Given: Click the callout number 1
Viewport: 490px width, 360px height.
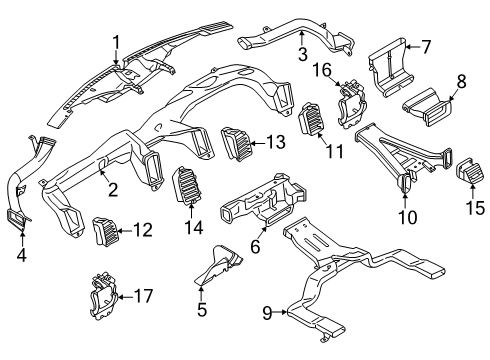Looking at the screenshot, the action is click(x=116, y=43).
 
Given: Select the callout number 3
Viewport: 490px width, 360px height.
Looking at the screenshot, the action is click(x=303, y=54).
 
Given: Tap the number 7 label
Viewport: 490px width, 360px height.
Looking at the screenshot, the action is click(x=426, y=47).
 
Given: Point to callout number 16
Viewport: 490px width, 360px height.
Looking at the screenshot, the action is click(x=322, y=70).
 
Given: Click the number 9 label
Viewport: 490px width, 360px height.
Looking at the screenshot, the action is click(x=267, y=313).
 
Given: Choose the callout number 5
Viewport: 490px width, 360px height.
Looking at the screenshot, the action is click(x=202, y=309).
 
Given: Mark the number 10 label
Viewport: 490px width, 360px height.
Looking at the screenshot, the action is click(x=407, y=217).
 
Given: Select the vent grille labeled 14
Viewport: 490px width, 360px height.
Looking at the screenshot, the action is click(x=185, y=185).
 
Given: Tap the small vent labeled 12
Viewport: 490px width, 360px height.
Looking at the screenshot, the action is click(x=106, y=231).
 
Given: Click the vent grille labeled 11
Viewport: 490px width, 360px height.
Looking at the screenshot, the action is click(x=312, y=120).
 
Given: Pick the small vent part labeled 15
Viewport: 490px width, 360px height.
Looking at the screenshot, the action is click(x=469, y=170).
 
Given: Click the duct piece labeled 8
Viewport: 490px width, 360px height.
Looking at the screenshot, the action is click(x=427, y=107).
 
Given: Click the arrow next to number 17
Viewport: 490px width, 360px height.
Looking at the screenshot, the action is click(x=126, y=296).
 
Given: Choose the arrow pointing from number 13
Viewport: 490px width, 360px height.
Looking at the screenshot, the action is click(x=258, y=143).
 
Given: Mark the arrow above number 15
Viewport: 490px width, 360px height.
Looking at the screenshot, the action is click(x=473, y=192).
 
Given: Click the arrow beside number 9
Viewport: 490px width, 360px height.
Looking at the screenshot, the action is click(x=280, y=312).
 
